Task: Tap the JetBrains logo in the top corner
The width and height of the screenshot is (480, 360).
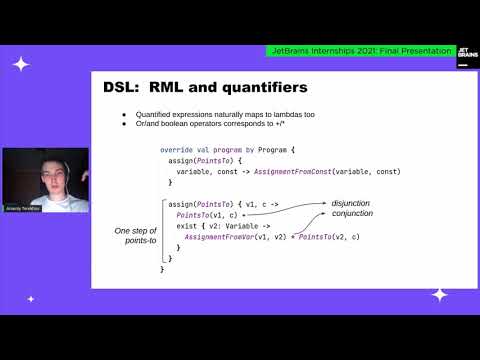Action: pos(466,57)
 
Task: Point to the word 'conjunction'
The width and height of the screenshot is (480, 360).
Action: pos(353,213)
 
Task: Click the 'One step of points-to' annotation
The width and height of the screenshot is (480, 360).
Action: pos(137,236)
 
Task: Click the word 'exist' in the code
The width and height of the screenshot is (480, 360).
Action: pos(186,226)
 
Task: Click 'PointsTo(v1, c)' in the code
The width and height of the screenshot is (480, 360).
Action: pos(206,214)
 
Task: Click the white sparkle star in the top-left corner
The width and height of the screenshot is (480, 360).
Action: pos(20,63)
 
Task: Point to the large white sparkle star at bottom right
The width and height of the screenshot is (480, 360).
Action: pos(439,294)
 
